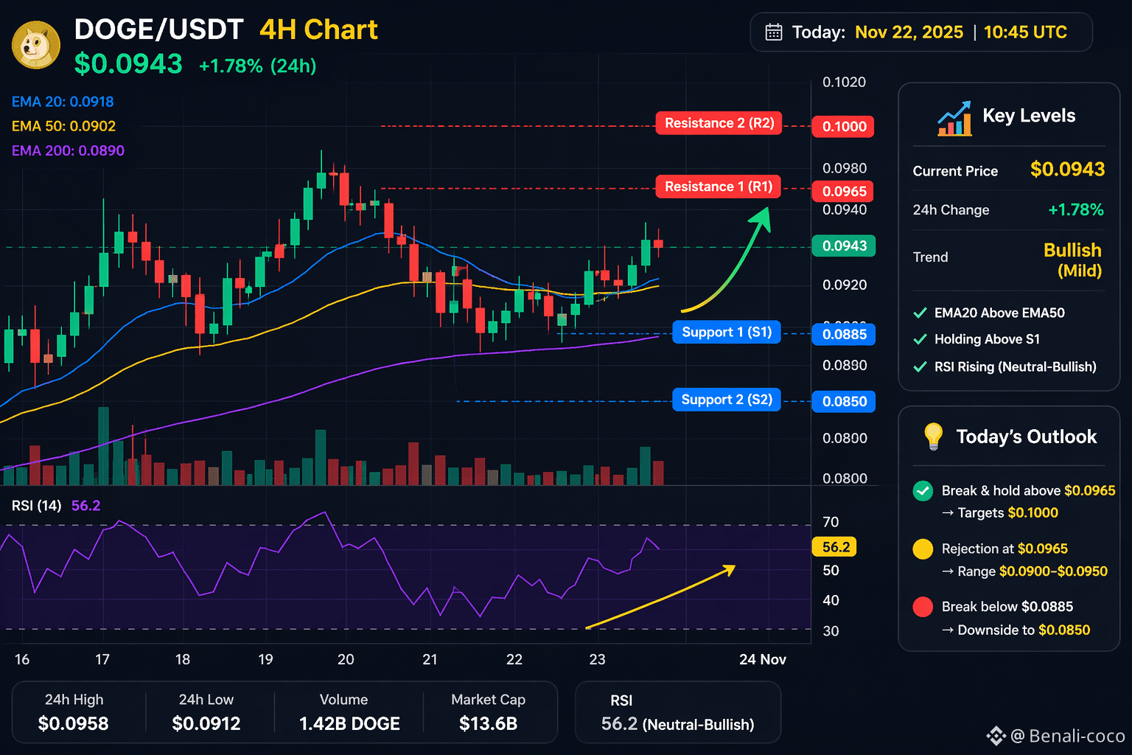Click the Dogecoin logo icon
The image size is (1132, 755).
(36, 45)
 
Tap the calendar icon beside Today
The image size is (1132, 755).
(773, 32)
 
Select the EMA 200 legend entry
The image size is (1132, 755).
(69, 150)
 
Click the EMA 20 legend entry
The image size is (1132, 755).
(63, 102)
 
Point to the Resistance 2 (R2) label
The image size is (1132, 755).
(719, 123)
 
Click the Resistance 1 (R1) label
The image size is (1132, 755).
(718, 187)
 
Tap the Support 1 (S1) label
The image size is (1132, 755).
(727, 333)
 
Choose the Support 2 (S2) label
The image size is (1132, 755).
(727, 400)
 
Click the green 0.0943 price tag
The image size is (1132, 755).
(843, 246)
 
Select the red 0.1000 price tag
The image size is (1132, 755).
(843, 126)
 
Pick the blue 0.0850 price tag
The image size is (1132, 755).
(843, 402)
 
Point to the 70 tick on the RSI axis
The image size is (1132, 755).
(831, 522)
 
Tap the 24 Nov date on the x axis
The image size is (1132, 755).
(763, 659)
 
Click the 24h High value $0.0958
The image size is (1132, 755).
(73, 723)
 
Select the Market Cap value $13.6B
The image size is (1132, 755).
(488, 723)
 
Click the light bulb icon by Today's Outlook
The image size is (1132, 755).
(933, 436)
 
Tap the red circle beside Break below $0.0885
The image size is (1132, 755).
(923, 607)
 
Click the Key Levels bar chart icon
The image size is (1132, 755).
(954, 119)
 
